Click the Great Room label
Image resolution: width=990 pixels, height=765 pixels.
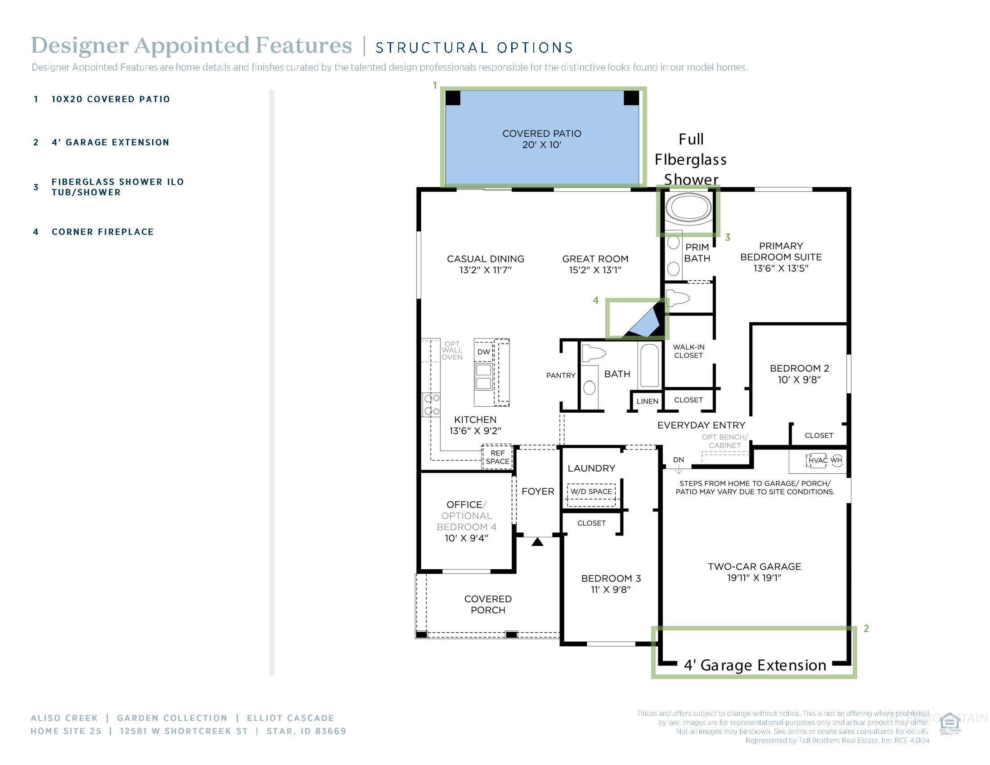[x=595, y=259]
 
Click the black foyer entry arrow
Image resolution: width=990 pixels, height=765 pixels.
[x=537, y=541]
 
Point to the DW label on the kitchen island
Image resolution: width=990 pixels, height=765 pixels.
[x=483, y=352]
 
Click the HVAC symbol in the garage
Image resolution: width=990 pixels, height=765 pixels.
[x=817, y=460]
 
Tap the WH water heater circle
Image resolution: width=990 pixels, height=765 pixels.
[x=837, y=460]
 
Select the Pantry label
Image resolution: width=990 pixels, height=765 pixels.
[x=561, y=375]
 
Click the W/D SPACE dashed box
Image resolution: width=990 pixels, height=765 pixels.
[x=591, y=491]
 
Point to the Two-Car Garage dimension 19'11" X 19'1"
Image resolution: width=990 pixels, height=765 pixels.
[x=754, y=578]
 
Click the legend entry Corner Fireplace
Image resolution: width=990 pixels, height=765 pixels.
[x=103, y=232]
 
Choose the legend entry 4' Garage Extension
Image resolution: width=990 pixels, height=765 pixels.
[x=110, y=142]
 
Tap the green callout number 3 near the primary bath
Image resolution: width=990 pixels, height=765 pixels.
[x=728, y=237]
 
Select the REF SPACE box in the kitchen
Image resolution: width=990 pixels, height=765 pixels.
[x=497, y=457]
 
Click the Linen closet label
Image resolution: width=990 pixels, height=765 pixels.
[x=647, y=401]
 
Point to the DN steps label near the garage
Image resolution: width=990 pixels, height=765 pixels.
[x=678, y=459]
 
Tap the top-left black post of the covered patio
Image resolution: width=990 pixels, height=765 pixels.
[x=452, y=98]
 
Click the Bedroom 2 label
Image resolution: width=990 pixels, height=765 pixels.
[x=799, y=369]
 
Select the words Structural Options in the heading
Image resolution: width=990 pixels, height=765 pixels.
[x=474, y=48]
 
